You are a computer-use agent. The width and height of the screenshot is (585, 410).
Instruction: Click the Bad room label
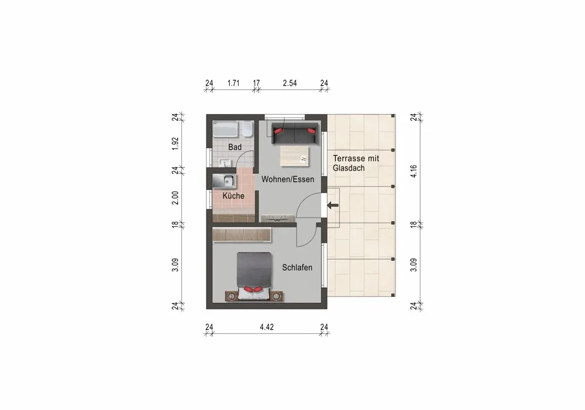(x=235, y=147)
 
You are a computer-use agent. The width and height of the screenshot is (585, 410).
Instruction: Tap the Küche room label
(x=233, y=196)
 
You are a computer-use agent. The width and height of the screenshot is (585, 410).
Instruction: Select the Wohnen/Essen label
(x=288, y=179)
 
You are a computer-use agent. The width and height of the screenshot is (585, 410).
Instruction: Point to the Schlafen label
(x=297, y=267)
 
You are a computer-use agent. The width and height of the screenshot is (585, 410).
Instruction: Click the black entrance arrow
(x=333, y=205)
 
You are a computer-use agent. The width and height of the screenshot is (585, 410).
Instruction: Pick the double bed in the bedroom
(x=253, y=276)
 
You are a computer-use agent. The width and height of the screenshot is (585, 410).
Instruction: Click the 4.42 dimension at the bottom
(x=267, y=328)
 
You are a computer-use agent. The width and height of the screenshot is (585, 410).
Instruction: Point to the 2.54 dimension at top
(x=290, y=83)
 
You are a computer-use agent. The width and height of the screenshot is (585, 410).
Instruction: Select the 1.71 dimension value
(x=233, y=83)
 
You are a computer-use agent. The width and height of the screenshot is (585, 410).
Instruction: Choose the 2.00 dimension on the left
(x=175, y=198)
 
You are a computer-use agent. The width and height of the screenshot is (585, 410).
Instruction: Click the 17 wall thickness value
(x=256, y=83)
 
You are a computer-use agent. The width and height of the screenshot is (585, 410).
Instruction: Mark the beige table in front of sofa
(x=294, y=155)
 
